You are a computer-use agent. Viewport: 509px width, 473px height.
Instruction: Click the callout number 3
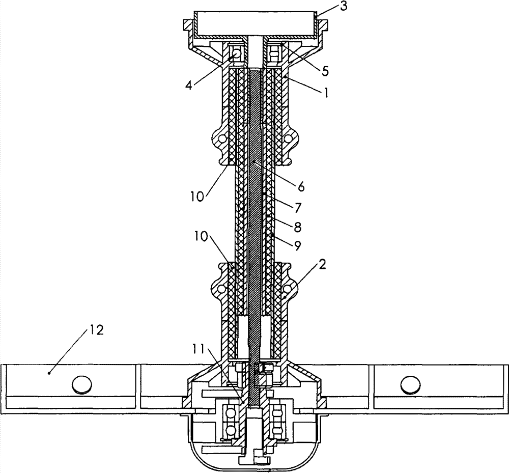[343, 7]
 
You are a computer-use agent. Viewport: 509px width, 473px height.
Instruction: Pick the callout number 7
[298, 207]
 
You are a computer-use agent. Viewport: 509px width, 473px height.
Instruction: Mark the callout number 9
[297, 246]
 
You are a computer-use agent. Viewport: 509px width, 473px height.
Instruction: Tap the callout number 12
[96, 330]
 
